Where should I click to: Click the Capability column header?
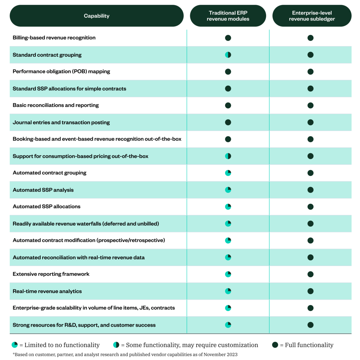pos(96,16)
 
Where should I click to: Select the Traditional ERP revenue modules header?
pos(228,16)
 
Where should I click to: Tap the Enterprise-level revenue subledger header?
pos(312,16)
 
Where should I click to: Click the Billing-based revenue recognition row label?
pos(54,38)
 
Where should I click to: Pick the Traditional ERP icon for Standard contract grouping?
pos(228,55)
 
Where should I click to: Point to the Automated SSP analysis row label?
pos(43,190)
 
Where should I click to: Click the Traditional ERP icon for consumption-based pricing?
pos(228,156)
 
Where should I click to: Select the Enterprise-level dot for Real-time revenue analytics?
pos(310,291)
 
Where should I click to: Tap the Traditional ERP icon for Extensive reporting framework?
pos(228,274)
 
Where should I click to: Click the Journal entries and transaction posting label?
pos(61,122)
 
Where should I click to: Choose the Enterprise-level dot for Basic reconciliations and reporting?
pos(310,105)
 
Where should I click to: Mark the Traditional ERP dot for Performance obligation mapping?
pos(228,72)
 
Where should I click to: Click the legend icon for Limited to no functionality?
pos(15,345)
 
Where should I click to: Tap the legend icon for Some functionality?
pos(116,345)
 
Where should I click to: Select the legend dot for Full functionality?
pos(275,345)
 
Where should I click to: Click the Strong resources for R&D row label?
pos(84,325)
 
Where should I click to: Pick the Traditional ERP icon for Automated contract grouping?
pos(228,173)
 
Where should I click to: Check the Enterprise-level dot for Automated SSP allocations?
pos(310,207)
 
